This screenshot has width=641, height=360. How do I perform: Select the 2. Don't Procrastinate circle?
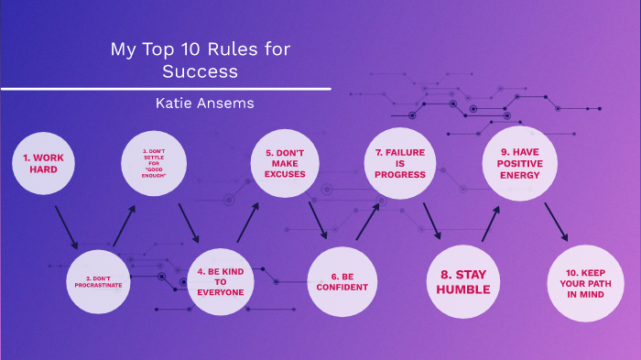(98, 280)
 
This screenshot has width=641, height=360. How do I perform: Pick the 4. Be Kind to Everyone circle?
(221, 280)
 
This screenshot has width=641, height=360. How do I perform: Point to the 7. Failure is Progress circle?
(400, 163)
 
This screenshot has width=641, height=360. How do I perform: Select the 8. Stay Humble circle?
(463, 280)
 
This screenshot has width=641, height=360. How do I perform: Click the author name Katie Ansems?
(204, 104)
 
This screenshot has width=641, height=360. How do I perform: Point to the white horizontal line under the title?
(165, 89)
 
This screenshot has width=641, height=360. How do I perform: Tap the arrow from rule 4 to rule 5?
(246, 223)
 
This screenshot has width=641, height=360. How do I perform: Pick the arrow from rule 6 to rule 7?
(368, 222)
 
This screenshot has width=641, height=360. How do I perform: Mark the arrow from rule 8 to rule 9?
(491, 223)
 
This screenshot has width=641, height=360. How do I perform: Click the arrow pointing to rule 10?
(556, 223)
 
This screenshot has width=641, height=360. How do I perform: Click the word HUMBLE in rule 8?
(463, 289)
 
